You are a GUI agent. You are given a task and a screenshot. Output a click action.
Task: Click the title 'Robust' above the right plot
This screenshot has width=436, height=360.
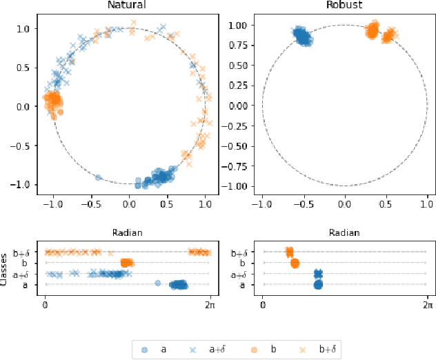coord(345,6)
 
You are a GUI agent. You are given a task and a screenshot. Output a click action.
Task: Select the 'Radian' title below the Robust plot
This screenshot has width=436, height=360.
coord(345,233)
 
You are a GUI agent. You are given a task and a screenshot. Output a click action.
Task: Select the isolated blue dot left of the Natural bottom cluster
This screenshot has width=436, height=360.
coord(98,177)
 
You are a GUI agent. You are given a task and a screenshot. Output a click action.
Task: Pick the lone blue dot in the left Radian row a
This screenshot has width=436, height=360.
coord(158,283)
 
